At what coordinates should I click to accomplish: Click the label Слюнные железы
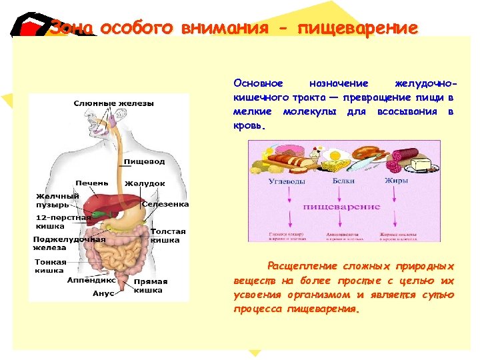(x=113, y=103)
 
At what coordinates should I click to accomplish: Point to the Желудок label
(x=145, y=183)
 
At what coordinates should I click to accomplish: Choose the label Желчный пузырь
(x=57, y=200)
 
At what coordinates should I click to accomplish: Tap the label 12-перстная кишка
(x=63, y=221)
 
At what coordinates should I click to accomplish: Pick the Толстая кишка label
(x=168, y=235)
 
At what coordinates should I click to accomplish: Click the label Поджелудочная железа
(x=69, y=243)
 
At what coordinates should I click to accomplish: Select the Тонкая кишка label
(x=51, y=266)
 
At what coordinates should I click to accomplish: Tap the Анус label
(x=103, y=293)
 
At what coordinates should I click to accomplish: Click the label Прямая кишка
(x=151, y=286)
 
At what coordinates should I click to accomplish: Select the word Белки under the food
(x=343, y=181)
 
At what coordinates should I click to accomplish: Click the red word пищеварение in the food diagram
(x=341, y=207)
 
